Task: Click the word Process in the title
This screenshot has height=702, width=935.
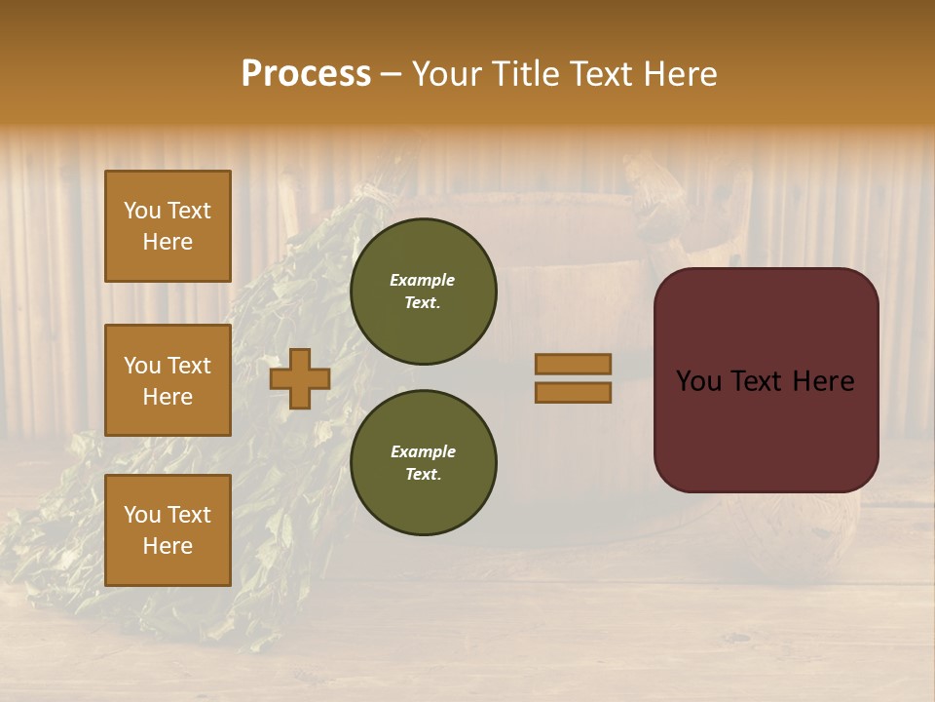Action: [x=306, y=74]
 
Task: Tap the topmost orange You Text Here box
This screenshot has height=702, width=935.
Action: [x=168, y=226]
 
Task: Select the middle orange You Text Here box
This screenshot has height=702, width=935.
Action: [x=168, y=380]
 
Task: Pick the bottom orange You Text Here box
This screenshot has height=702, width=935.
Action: [x=168, y=530]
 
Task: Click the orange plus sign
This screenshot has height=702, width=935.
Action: [x=300, y=378]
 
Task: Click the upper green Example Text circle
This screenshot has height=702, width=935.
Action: [x=423, y=291]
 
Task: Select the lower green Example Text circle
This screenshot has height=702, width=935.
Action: [x=423, y=462]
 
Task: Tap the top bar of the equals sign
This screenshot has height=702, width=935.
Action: [x=573, y=364]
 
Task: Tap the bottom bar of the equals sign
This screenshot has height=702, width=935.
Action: [x=573, y=392]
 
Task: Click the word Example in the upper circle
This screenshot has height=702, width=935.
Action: [x=423, y=280]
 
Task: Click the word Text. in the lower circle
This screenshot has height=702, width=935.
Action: [x=423, y=474]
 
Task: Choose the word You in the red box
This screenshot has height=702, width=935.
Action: [x=699, y=381]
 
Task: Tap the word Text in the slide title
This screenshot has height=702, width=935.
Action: [x=601, y=74]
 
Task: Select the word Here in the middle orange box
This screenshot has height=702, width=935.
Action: [x=168, y=397]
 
